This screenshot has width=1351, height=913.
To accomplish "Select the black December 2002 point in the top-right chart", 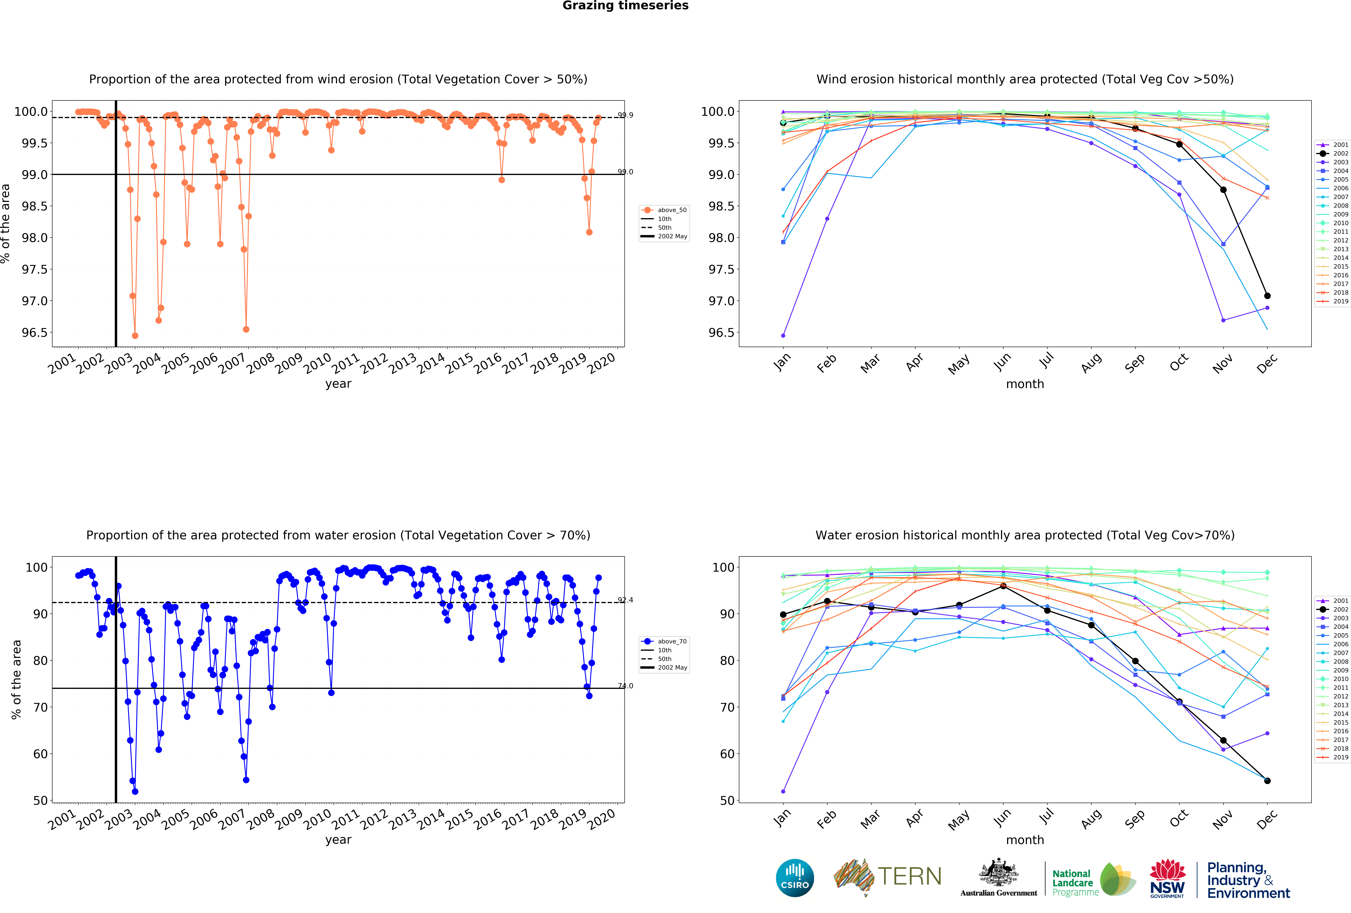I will [x=1267, y=296].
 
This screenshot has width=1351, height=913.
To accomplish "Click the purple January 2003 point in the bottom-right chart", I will [x=783, y=791].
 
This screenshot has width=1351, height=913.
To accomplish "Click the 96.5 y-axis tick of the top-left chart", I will [x=35, y=333].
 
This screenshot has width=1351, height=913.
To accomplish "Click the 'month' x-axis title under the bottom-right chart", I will [x=1025, y=840].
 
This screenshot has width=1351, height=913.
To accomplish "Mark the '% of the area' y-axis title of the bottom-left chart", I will [x=16, y=679].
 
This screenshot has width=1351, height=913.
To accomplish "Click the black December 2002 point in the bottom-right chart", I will [x=1267, y=781].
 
